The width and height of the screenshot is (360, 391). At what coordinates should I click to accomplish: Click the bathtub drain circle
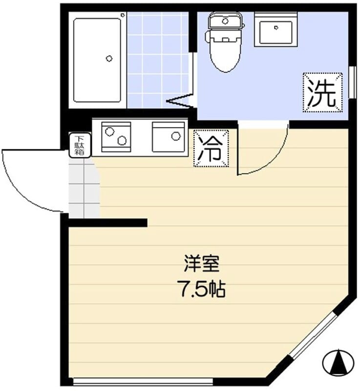tap(108, 58)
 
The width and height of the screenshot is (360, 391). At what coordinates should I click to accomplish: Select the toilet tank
tap(225, 21)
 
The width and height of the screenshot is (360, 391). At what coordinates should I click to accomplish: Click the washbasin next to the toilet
tap(275, 30)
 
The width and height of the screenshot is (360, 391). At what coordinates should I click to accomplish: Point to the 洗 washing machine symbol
tap(322, 92)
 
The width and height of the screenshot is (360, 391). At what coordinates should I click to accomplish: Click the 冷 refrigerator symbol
tap(211, 149)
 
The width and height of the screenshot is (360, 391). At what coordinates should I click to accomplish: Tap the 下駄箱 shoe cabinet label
tap(79, 145)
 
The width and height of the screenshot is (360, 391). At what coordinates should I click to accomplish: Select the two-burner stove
tap(116, 136)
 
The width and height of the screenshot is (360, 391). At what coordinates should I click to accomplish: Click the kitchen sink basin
tap(169, 137)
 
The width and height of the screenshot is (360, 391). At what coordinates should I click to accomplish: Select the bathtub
tap(97, 60)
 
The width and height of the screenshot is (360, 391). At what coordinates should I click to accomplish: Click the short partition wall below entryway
tap(107, 223)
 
